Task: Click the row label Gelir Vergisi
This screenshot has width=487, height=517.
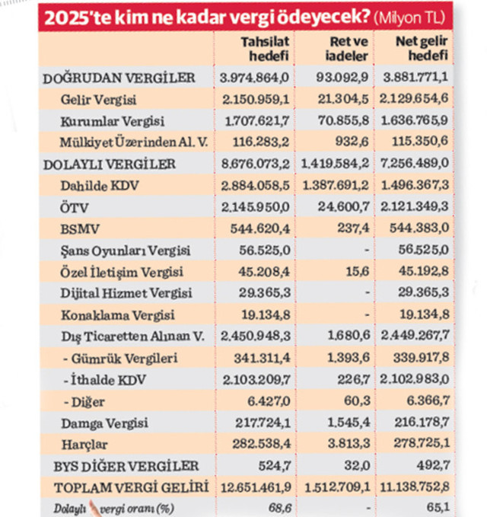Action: (95, 99)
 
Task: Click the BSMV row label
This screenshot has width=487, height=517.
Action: (76, 228)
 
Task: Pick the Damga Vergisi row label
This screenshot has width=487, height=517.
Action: (97, 423)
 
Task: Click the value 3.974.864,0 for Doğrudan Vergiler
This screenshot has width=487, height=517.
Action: (254, 78)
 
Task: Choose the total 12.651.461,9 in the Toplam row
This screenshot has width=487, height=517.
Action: (251, 487)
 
